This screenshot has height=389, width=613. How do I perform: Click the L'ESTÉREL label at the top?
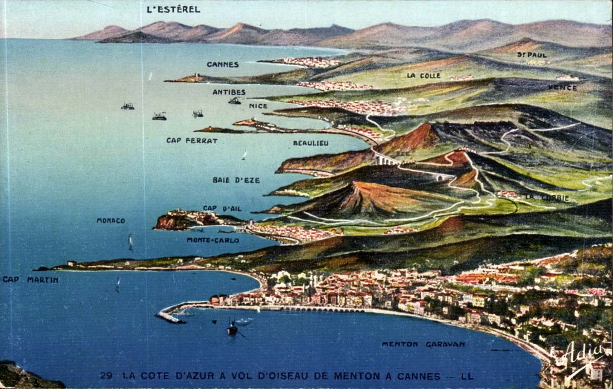pyautogui.click(x=173, y=9)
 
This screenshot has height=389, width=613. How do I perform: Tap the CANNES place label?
pyautogui.click(x=223, y=65)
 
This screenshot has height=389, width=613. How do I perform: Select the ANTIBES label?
pyautogui.click(x=229, y=92)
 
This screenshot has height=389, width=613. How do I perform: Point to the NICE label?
pyautogui.click(x=258, y=106)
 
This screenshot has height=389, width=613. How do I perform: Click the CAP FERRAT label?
pyautogui.click(x=192, y=140)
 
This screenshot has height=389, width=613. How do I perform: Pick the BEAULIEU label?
pyautogui.click(x=310, y=143)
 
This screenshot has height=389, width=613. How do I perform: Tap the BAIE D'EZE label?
pyautogui.click(x=236, y=180)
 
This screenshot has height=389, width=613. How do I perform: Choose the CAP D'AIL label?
pyautogui.click(x=222, y=208)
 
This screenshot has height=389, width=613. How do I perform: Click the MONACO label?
pyautogui.click(x=111, y=221)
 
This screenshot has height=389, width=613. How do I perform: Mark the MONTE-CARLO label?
pyautogui.click(x=213, y=240)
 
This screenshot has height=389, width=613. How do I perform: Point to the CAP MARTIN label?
pyautogui.click(x=30, y=280)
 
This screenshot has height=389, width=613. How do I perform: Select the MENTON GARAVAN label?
pyautogui.click(x=423, y=344)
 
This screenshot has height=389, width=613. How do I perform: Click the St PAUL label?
pyautogui.click(x=532, y=55)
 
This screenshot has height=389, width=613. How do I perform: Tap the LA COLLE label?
pyautogui.click(x=424, y=75)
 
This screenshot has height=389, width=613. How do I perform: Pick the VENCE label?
pyautogui.click(x=562, y=87)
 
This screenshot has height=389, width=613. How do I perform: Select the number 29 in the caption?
pyautogui.click(x=106, y=376)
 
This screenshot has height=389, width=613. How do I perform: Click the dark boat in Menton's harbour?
pyautogui.click(x=232, y=329)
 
